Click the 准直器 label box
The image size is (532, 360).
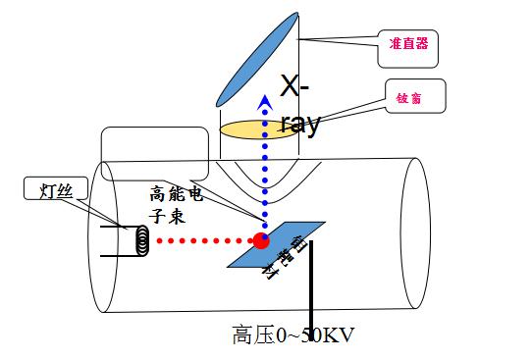[x=406, y=44]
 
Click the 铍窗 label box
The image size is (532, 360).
[x=415, y=96]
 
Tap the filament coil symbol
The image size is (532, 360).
[x=140, y=239]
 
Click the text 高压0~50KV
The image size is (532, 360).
[x=293, y=335]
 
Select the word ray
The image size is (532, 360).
[x=300, y=125]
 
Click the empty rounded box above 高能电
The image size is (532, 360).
[x=155, y=145]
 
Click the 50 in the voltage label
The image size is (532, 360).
[x=310, y=335]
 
